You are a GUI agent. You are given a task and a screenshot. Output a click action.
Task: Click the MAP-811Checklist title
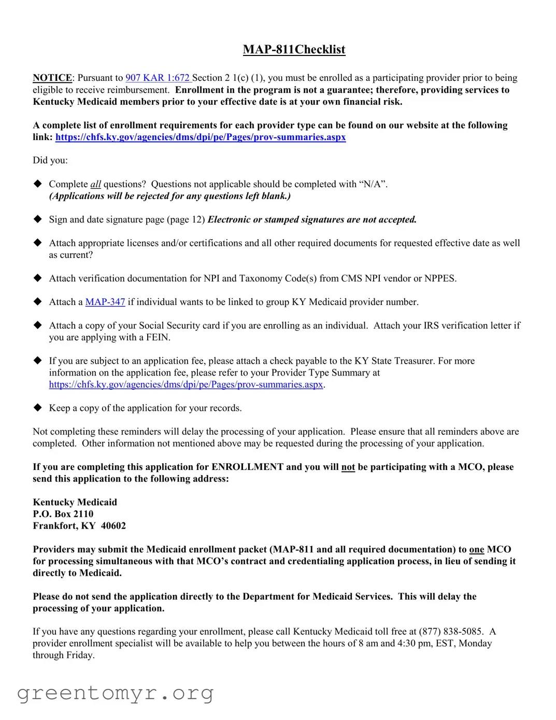pyautogui.click(x=294, y=50)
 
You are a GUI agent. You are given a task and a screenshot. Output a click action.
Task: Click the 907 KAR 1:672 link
pyautogui.click(x=158, y=78)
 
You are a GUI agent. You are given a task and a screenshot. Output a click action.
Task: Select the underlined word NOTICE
pyautogui.click(x=52, y=78)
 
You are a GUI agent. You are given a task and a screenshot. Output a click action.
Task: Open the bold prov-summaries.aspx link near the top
pyautogui.click(x=200, y=137)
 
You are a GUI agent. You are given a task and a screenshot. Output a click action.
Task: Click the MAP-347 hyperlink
pyautogui.click(x=105, y=302)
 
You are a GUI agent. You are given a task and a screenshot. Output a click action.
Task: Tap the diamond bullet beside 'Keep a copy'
pyautogui.click(x=38, y=408)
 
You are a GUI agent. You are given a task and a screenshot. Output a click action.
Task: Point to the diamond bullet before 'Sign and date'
pyautogui.click(x=38, y=219)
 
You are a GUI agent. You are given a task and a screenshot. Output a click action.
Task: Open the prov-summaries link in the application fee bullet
pyautogui.click(x=186, y=385)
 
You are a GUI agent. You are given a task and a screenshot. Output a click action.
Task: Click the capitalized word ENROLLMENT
pyautogui.click(x=247, y=467)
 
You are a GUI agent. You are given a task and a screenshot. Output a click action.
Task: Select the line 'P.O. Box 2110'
pyautogui.click(x=63, y=514)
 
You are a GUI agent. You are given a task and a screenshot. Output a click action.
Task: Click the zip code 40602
pyautogui.click(x=113, y=526)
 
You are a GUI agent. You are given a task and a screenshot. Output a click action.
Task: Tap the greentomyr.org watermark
pyautogui.click(x=115, y=693)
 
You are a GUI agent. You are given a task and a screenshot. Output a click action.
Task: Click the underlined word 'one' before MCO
pyautogui.click(x=476, y=550)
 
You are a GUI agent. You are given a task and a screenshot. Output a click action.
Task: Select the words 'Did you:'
pyautogui.click(x=50, y=160)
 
